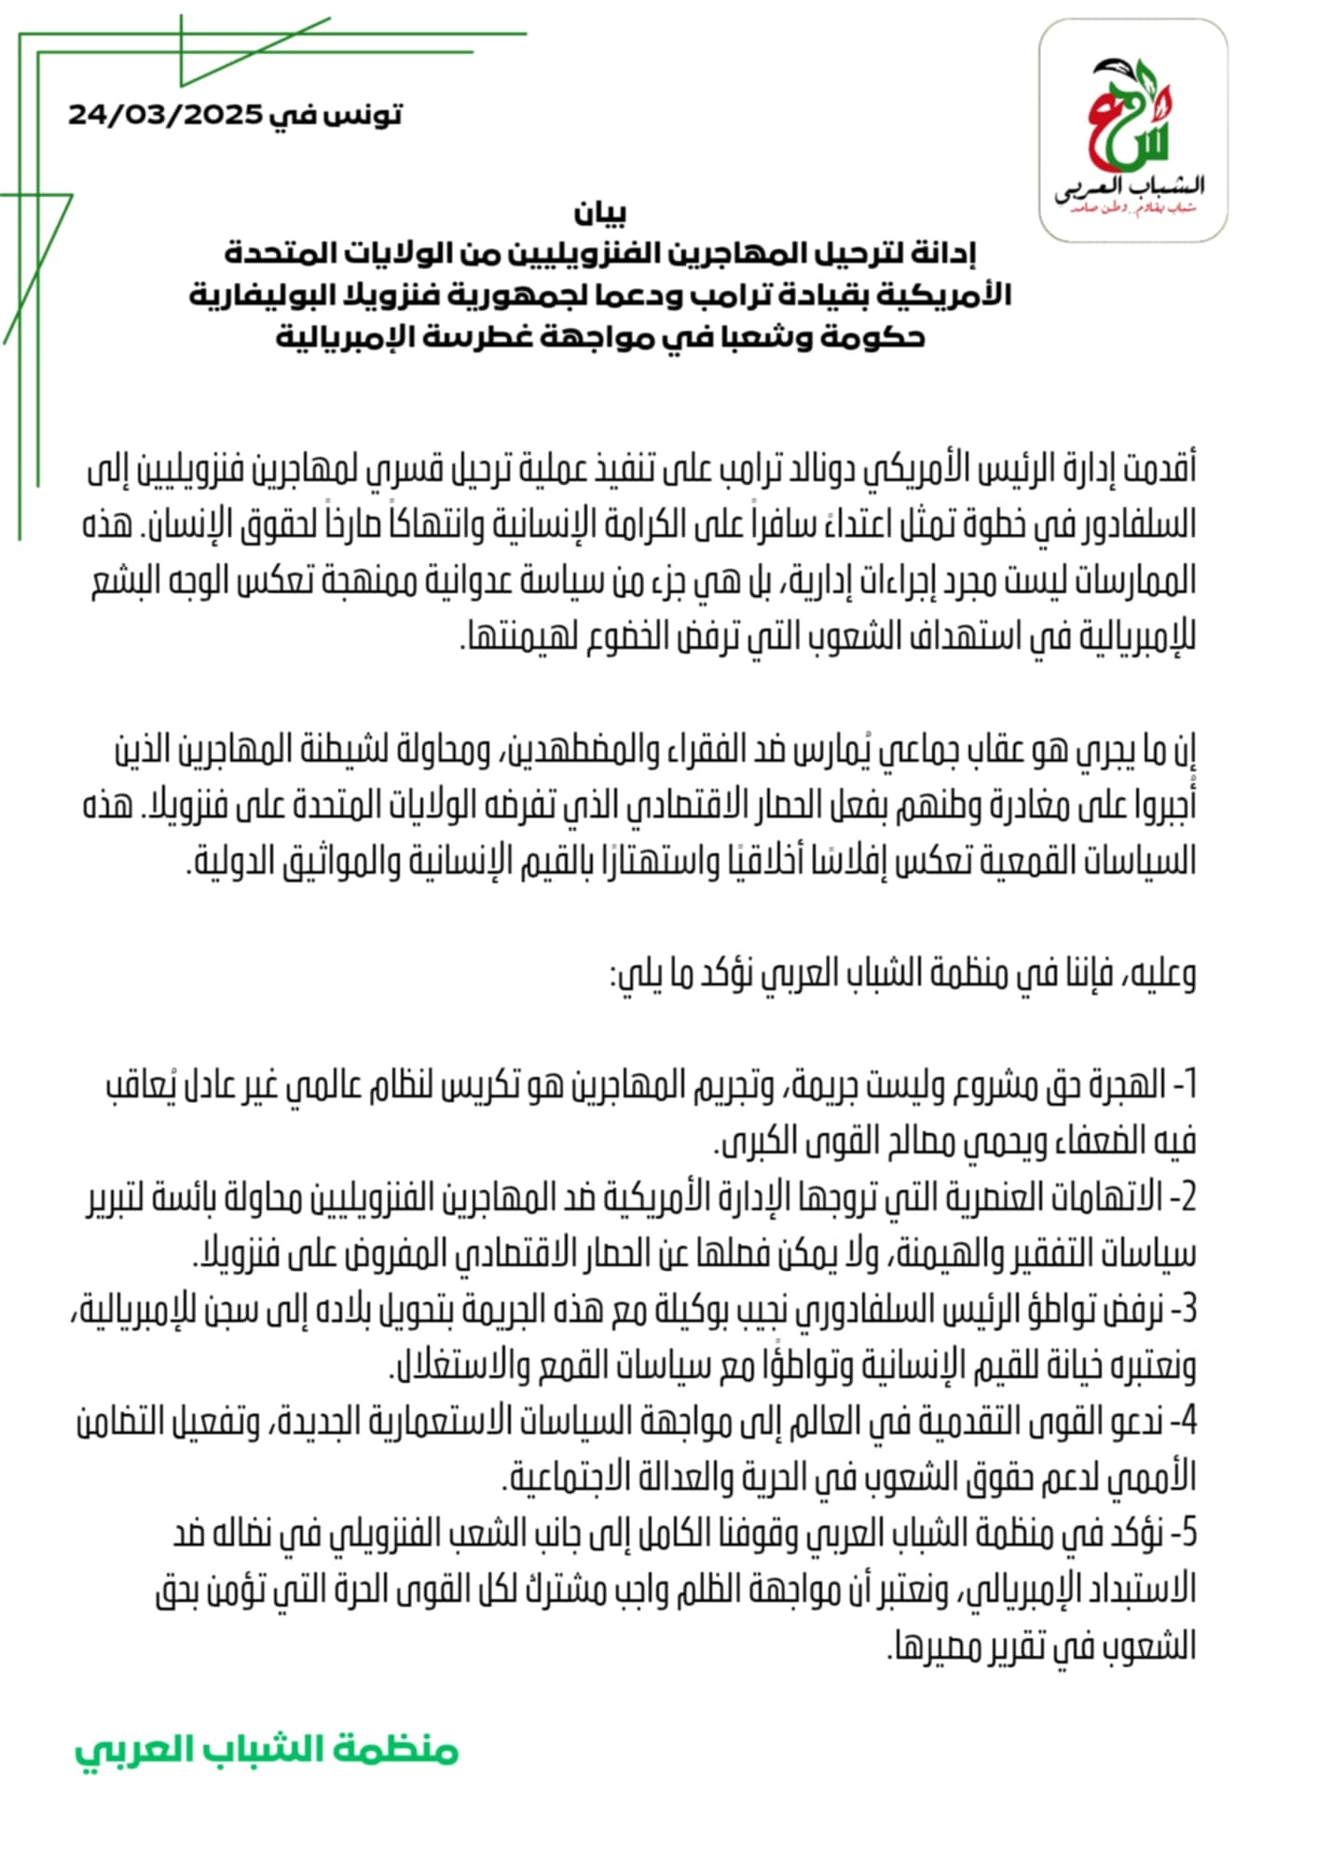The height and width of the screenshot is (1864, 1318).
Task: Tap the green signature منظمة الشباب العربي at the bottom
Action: click(x=267, y=1749)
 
